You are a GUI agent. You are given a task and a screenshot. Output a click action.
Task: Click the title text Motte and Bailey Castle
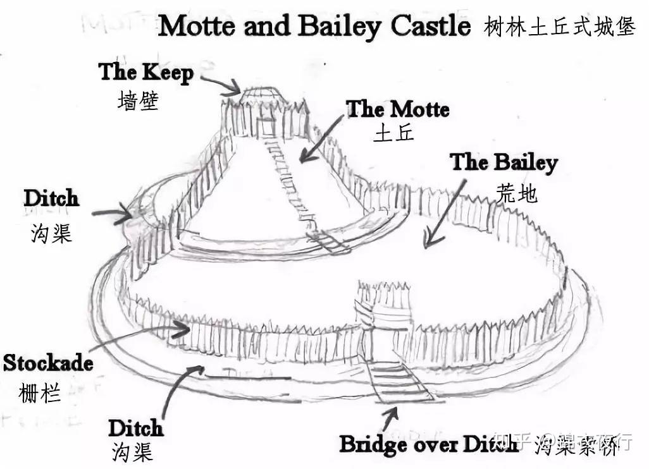(x=314, y=26)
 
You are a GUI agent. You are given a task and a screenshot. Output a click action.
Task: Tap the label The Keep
(x=145, y=72)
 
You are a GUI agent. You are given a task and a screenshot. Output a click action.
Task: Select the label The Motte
(x=397, y=109)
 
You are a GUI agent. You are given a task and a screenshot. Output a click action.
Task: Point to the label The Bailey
(x=504, y=162)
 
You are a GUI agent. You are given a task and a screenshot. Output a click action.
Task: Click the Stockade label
(x=48, y=363)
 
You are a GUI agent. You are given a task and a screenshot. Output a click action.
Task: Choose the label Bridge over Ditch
(x=429, y=444)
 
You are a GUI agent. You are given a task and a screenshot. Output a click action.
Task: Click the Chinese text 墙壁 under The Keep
(x=137, y=100)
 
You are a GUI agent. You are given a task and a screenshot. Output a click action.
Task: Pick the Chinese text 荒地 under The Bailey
(x=517, y=193)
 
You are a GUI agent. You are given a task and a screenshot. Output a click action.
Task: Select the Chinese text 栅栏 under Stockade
(x=40, y=393)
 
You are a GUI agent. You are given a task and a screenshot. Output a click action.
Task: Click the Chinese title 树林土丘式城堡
(x=559, y=27)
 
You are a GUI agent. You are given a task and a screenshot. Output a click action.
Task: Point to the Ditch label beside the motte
(x=51, y=198)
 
